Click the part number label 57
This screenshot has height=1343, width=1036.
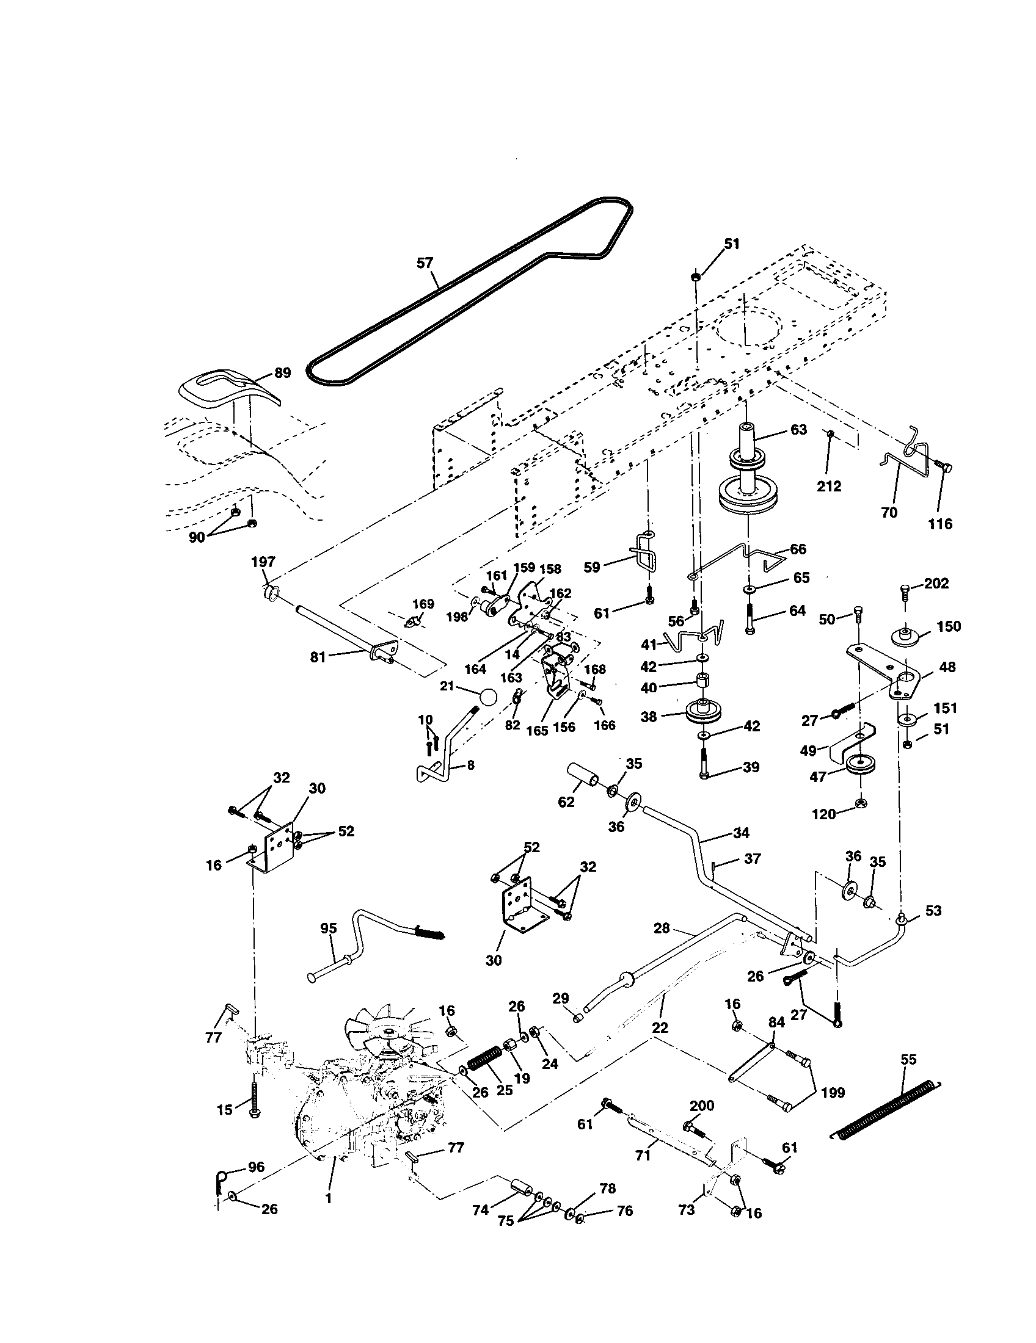coord(425,263)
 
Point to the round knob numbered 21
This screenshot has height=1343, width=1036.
coord(488,697)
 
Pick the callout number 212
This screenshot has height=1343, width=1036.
coord(829,487)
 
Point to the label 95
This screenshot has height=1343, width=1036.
coord(329,928)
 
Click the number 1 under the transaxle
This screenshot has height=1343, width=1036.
coord(328,1198)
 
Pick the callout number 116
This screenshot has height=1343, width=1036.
coord(939,524)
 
